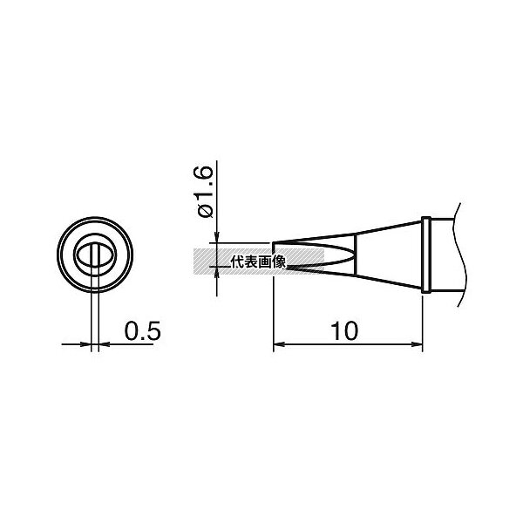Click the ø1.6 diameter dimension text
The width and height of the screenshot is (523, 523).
tap(205, 192)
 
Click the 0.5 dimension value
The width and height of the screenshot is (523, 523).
tap(142, 331)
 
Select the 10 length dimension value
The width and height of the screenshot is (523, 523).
tap(344, 331)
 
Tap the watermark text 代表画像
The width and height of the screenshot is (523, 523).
tap(258, 261)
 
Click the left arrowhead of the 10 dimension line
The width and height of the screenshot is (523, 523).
tap(278, 344)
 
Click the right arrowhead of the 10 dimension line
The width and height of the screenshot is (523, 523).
tap(418, 344)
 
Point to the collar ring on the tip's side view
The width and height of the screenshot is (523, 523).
tap(426, 255)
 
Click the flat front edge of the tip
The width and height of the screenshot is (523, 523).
tap(273, 248)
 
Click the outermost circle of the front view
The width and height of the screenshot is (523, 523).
tap(95, 217)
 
